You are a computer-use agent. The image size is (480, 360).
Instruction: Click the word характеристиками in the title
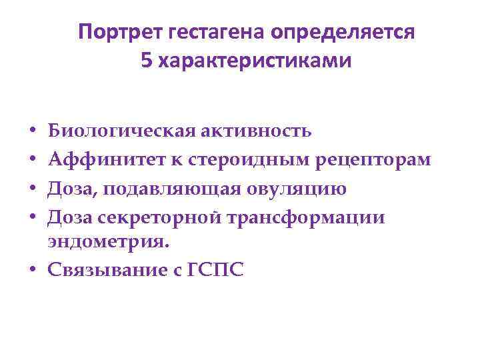click(253, 61)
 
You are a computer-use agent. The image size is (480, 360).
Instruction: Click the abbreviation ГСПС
click(218, 270)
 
